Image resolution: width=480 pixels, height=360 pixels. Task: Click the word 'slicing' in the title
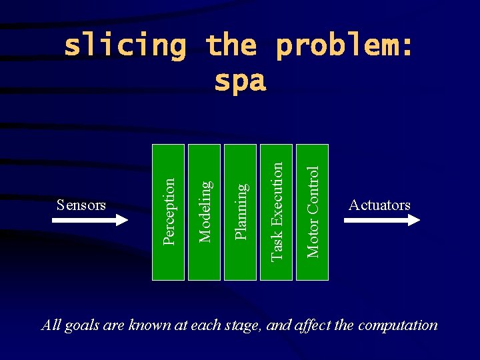tap(125, 46)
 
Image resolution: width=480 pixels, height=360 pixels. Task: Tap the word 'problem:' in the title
tap(344, 46)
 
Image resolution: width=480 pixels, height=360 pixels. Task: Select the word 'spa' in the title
tap(240, 81)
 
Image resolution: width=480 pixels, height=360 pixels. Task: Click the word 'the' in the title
tap(231, 46)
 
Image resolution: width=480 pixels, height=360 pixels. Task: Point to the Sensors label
tap(81, 205)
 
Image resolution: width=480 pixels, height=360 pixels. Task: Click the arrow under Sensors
tap(89, 220)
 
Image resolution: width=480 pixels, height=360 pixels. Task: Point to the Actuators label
tap(379, 205)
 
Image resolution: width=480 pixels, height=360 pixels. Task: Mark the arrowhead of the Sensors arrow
tap(121, 220)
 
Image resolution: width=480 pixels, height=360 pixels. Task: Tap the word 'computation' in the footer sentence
tap(398, 325)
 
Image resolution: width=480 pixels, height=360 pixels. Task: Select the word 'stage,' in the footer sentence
tap(246, 325)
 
